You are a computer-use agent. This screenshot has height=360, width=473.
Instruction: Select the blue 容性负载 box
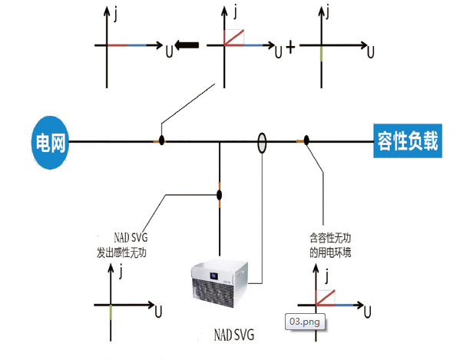coord(409,141)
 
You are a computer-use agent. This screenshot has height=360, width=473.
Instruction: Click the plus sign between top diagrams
coord(290,48)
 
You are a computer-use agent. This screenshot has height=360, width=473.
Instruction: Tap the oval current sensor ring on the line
coord(262,141)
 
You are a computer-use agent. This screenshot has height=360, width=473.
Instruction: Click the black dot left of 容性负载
coord(306,140)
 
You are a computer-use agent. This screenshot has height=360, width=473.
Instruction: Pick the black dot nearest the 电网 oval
coord(161,141)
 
